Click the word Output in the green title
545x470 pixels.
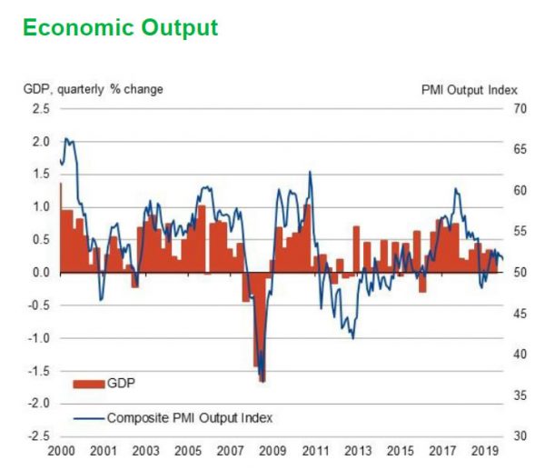click(177, 28)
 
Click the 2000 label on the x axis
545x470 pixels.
click(60, 451)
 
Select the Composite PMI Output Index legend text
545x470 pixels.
click(190, 418)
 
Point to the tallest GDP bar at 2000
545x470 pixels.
click(61, 227)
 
